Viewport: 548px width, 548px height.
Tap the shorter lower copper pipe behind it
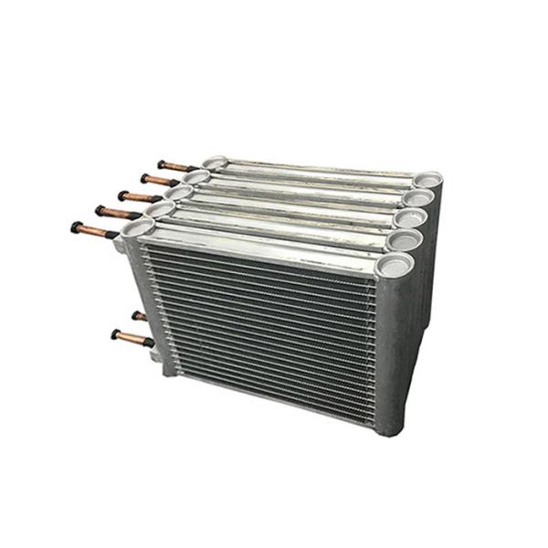139,316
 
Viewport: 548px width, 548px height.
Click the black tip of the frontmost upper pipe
76,227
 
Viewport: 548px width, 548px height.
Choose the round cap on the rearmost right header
427,179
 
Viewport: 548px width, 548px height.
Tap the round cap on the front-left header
137,227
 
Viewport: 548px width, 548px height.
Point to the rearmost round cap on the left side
215,163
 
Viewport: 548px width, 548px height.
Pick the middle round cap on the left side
178,193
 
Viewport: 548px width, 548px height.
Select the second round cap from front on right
406,240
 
